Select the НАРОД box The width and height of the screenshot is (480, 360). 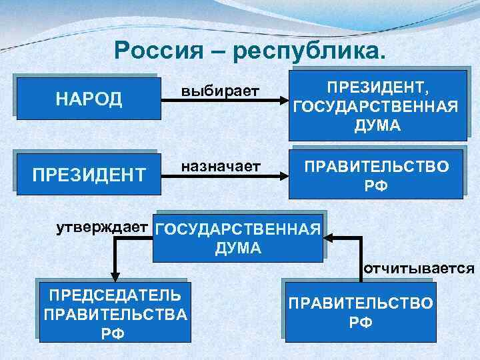[89, 99]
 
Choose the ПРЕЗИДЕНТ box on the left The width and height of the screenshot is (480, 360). [89, 175]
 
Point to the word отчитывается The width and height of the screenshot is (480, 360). [419, 269]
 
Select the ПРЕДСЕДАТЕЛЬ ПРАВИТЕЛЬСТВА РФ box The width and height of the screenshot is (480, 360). [113, 313]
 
